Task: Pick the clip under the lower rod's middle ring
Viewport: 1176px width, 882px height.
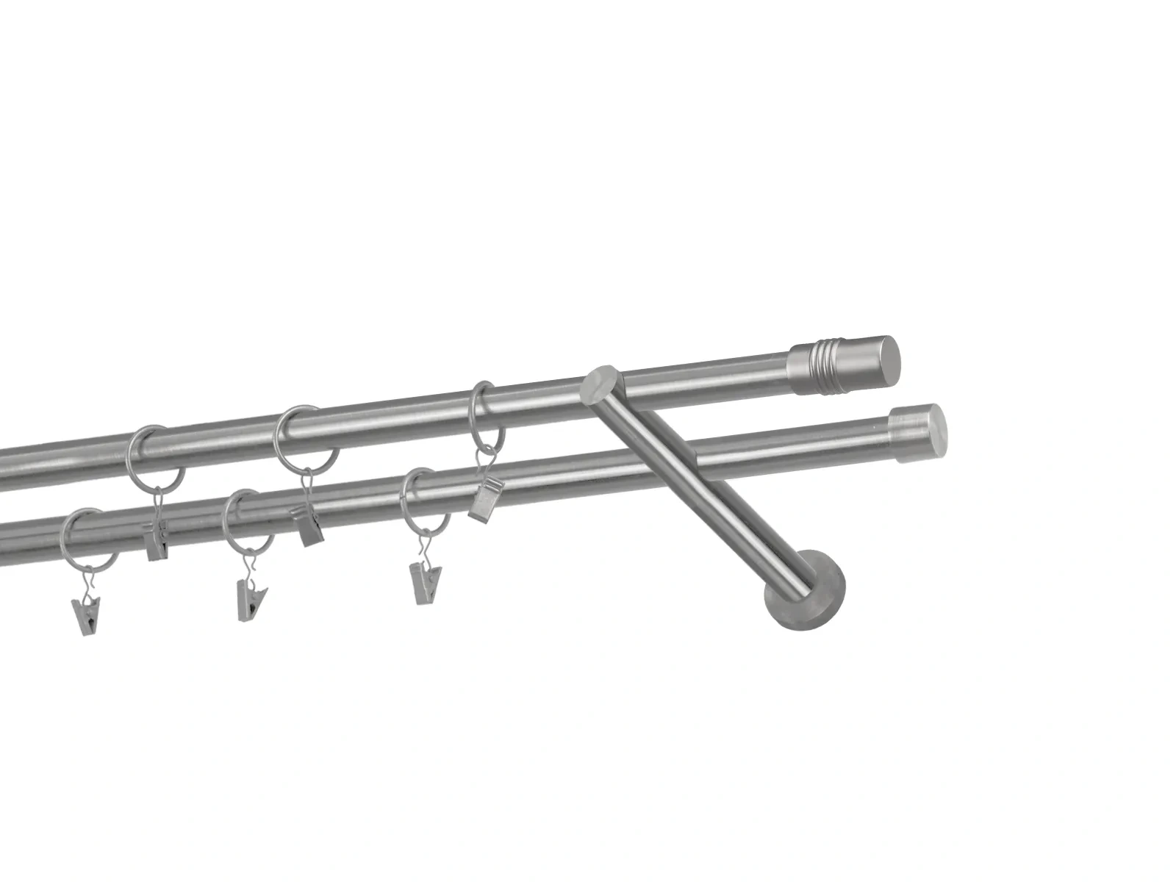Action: click(251, 600)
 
